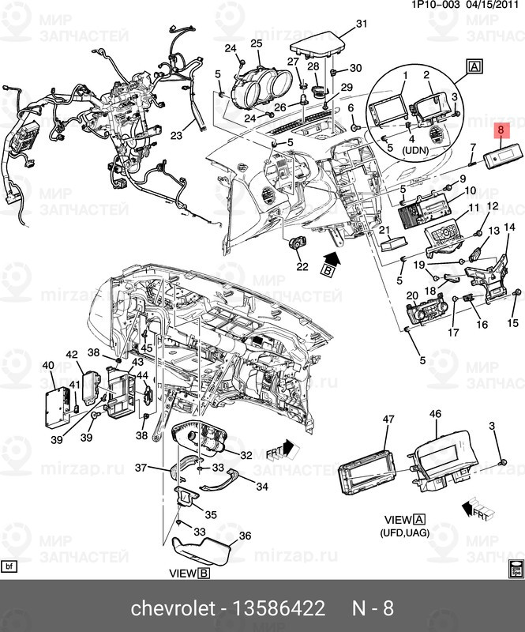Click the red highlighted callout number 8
(x=500, y=130)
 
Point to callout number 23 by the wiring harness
(x=176, y=135)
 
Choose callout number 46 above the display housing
(x=435, y=414)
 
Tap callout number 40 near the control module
(x=48, y=366)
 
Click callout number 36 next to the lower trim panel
(x=245, y=536)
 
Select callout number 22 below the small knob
(x=302, y=267)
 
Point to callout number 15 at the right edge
(x=512, y=322)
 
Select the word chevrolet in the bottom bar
(x=171, y=609)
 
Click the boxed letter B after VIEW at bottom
(x=204, y=574)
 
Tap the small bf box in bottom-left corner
(x=9, y=566)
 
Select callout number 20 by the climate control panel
(x=411, y=295)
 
